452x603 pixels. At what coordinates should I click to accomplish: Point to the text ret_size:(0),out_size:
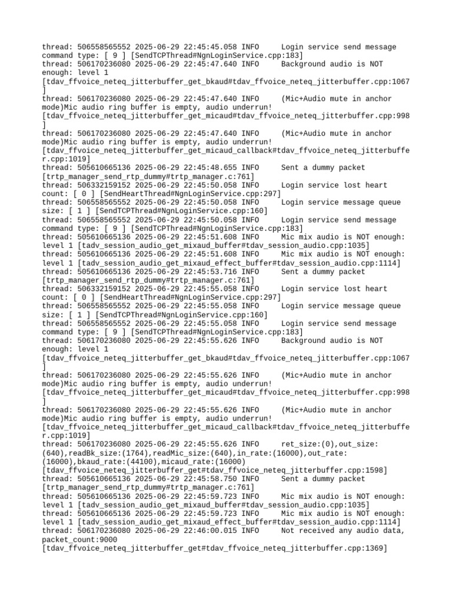[330, 444]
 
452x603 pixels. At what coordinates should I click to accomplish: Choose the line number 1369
[371, 548]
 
